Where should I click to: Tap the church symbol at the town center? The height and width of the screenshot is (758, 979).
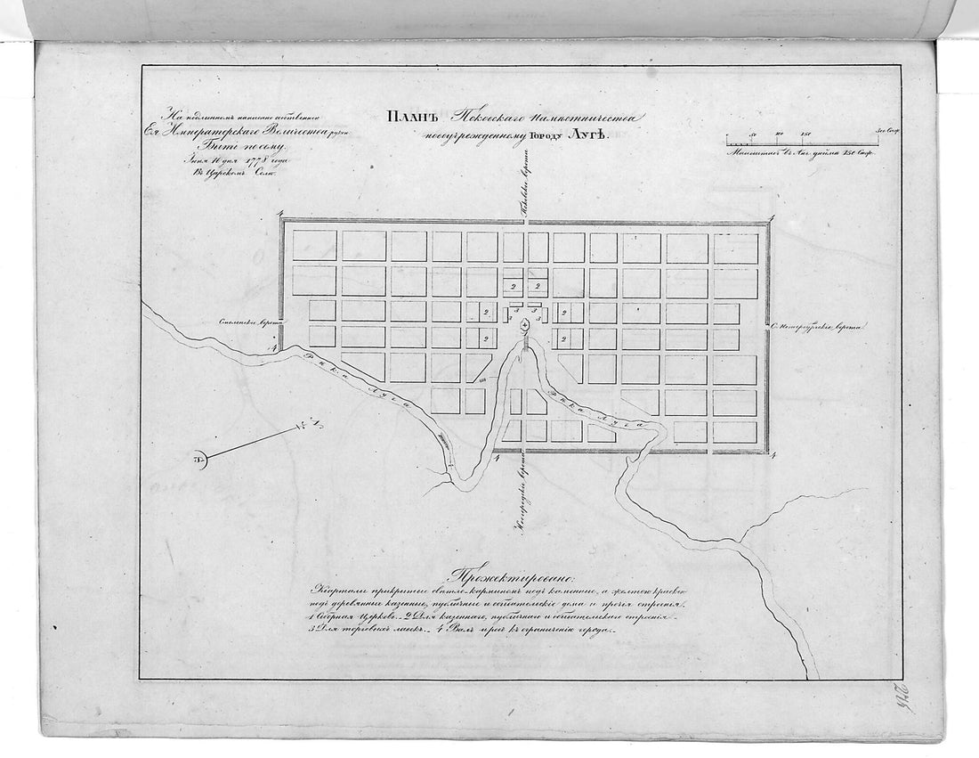525,326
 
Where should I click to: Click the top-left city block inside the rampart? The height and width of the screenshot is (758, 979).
314,246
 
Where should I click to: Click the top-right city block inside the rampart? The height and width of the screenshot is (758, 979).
736,248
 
